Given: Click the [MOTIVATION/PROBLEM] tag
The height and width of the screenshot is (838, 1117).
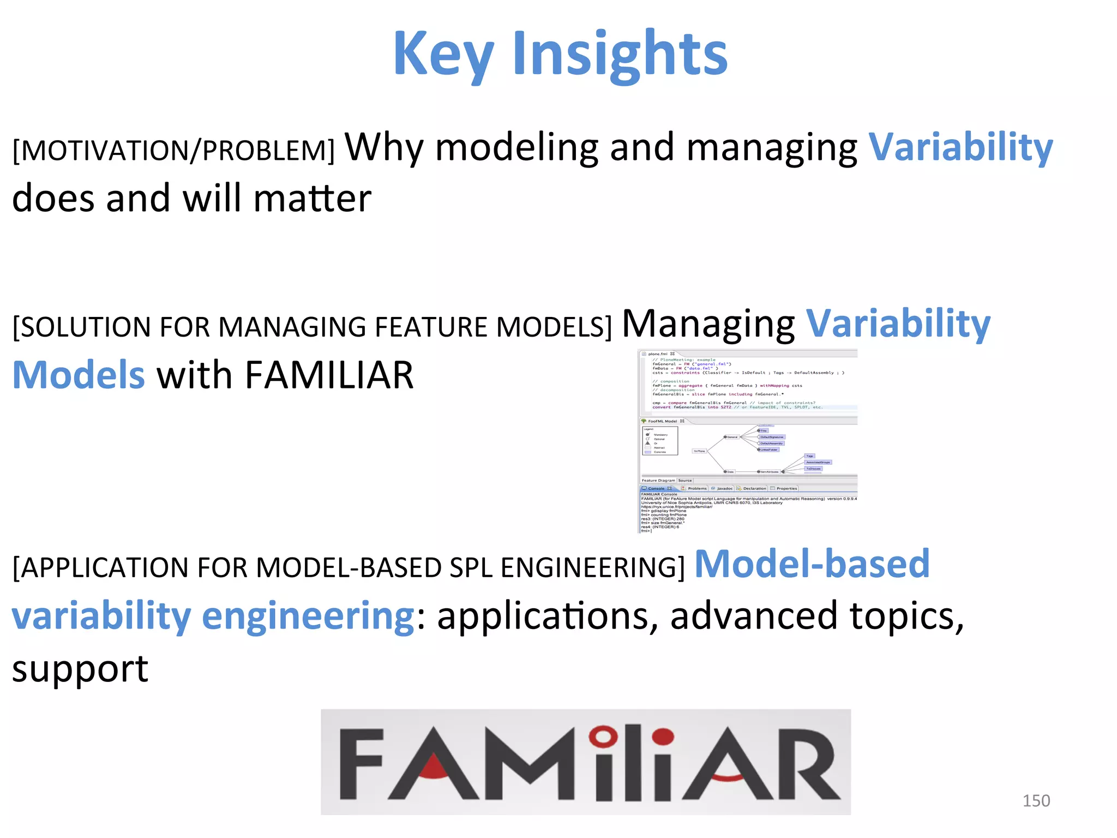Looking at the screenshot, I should click(x=173, y=151).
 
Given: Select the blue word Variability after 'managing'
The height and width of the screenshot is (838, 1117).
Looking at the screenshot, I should click(x=960, y=147).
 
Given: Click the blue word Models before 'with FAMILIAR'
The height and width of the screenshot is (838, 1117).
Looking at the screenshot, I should click(x=79, y=375).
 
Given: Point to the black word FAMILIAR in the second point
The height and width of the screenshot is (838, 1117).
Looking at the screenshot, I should click(x=329, y=375).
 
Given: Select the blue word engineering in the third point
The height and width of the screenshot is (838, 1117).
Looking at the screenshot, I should click(x=308, y=616).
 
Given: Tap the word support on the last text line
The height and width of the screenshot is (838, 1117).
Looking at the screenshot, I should click(x=80, y=669).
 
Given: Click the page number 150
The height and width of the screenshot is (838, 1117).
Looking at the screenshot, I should click(x=1036, y=800).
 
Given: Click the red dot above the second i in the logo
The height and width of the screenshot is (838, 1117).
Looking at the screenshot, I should click(x=663, y=737).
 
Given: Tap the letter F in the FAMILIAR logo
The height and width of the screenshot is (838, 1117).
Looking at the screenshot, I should click(x=361, y=764).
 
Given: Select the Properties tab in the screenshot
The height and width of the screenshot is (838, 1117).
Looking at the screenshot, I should click(x=786, y=488).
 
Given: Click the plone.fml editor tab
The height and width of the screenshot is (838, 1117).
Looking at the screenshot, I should click(x=657, y=354).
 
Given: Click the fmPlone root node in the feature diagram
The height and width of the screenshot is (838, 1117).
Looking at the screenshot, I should click(x=699, y=451).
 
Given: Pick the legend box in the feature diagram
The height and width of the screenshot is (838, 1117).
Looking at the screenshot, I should click(x=660, y=441).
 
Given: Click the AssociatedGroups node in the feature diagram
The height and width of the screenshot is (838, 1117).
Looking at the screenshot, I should click(x=818, y=462).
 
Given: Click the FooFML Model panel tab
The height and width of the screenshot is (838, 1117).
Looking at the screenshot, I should click(x=662, y=421).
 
